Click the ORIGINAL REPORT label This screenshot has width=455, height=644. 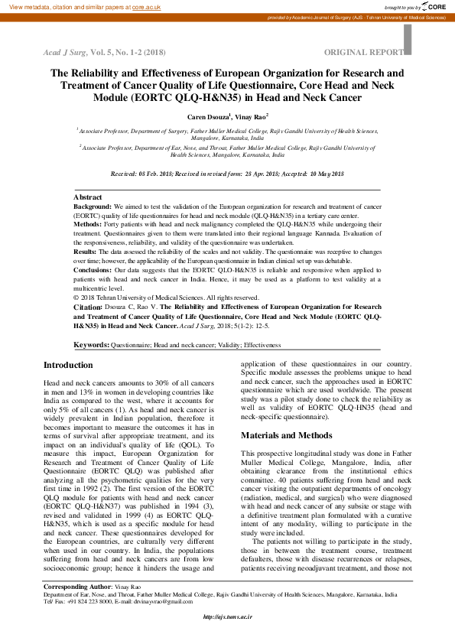click(363, 52)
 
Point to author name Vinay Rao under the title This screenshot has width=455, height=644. click(250, 116)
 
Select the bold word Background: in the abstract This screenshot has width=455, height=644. click(93, 207)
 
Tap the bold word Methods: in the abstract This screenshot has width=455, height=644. click(87, 225)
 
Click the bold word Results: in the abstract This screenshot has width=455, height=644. click(85, 251)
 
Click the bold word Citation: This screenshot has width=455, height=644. click(88, 307)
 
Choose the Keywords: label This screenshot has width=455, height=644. click(91, 346)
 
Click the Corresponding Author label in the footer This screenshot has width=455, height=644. click(76, 586)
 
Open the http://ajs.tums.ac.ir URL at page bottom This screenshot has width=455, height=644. click(227, 617)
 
